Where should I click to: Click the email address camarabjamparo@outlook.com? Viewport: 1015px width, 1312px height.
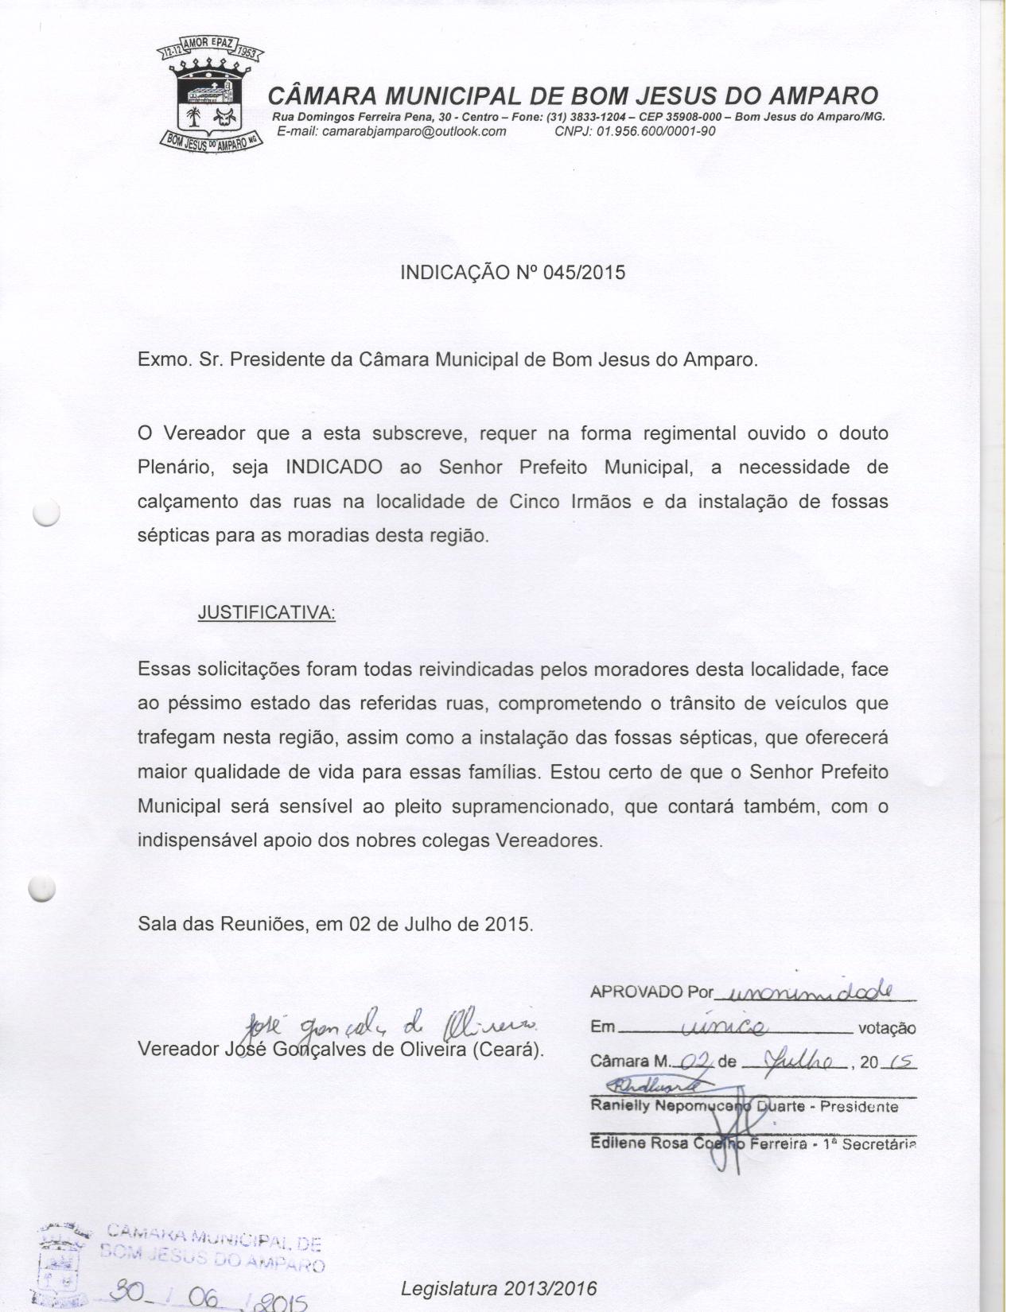391,131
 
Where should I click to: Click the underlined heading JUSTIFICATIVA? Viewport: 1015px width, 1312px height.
266,613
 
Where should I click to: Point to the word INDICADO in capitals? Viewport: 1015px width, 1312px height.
333,468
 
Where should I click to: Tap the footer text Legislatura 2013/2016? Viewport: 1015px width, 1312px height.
498,1288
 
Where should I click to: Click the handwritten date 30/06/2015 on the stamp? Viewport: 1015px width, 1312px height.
208,1297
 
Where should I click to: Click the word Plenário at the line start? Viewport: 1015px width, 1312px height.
177,468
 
